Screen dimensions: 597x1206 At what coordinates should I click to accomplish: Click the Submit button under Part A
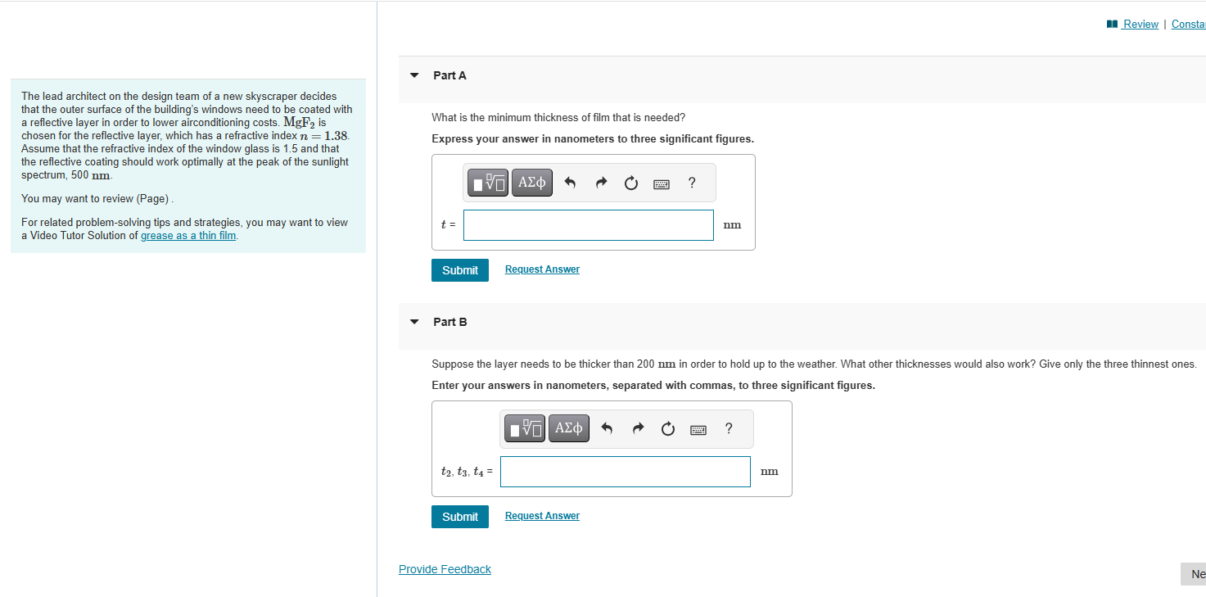[x=459, y=270]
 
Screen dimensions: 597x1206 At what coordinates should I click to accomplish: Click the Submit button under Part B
[x=459, y=517]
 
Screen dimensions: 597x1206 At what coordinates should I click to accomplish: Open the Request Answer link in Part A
[x=542, y=269]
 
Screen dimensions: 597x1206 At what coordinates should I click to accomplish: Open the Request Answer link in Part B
[x=542, y=516]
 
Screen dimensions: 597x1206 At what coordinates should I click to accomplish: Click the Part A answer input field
[x=588, y=225]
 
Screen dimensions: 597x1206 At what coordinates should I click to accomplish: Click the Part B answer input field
[x=625, y=472]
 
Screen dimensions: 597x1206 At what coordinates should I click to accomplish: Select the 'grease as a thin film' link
[x=188, y=236]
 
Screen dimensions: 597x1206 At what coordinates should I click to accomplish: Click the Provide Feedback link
[x=445, y=569]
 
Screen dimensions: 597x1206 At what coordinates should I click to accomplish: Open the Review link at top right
[x=1140, y=24]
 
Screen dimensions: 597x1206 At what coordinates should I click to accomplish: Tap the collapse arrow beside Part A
[x=414, y=75]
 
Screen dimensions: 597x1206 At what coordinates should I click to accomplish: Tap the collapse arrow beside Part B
[x=414, y=322]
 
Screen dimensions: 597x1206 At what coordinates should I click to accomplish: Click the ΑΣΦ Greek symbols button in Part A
[x=532, y=183]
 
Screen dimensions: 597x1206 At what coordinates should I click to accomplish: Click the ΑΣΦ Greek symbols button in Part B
[x=568, y=428]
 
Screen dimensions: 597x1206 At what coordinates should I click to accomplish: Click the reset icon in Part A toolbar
[x=630, y=183]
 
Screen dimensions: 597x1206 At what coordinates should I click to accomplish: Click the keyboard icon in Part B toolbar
[x=698, y=429]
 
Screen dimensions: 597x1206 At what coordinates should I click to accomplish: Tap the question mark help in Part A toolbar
[x=692, y=183]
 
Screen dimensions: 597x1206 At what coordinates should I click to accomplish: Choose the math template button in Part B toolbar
[x=525, y=428]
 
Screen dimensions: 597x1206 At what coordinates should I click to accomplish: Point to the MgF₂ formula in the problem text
[x=305, y=123]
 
